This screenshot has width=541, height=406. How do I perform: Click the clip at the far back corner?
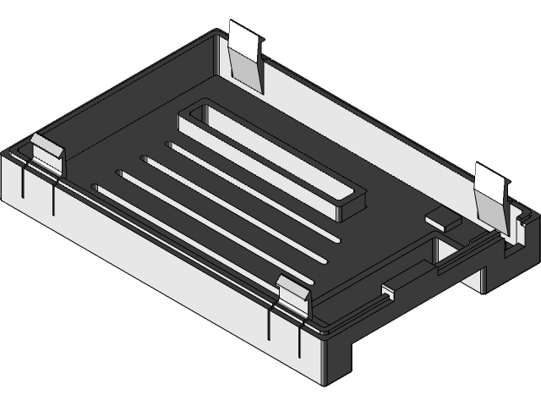click(245, 55)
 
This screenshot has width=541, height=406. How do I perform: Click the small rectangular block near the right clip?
click(441, 217)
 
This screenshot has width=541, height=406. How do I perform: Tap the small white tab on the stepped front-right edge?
click(388, 290)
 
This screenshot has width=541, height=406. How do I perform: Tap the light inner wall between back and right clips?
click(372, 127)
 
